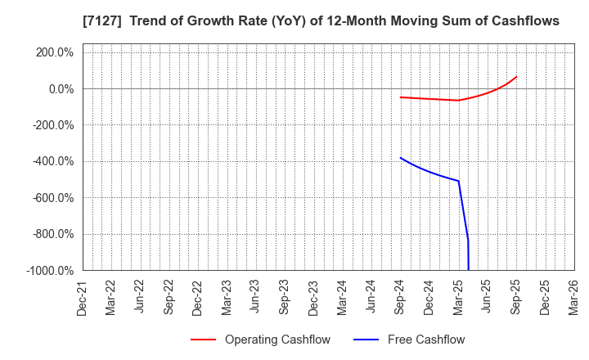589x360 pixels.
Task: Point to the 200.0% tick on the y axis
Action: [54, 52]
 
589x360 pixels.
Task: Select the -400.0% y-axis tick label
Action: [52, 161]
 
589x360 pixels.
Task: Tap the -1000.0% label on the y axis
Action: [50, 270]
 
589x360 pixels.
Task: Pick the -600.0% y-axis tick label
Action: [52, 197]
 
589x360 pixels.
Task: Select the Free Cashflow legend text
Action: [426, 340]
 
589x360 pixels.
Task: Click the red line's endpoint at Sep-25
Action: [516, 77]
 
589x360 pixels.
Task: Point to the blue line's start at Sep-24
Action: [401, 157]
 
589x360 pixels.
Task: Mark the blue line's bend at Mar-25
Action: [458, 181]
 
